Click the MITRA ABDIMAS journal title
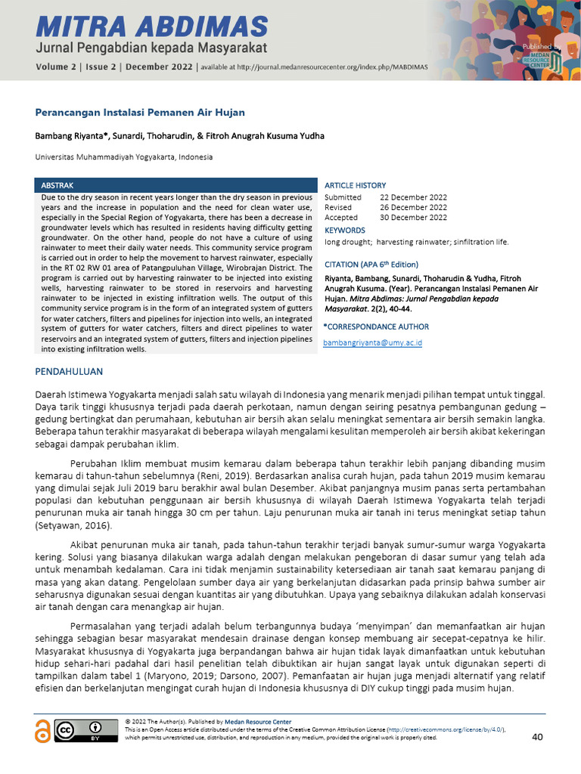point(151,27)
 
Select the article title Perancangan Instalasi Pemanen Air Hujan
point(140,113)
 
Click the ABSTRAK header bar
point(176,185)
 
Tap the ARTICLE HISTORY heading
point(355,185)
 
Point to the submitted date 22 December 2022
point(413,197)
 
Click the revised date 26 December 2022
point(413,207)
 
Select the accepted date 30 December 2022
point(413,218)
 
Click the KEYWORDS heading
point(344,230)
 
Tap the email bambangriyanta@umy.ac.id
point(372,342)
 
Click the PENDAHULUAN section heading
point(70,372)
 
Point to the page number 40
point(538,737)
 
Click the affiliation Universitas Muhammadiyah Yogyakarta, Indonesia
point(124,157)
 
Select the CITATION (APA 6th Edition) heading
point(371,265)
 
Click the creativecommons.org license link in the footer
point(448,729)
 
